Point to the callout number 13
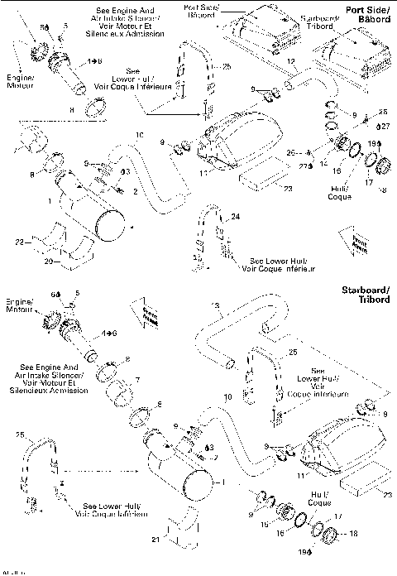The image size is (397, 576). pyautogui.click(x=215, y=305)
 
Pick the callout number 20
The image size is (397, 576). pyautogui.click(x=49, y=261)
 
